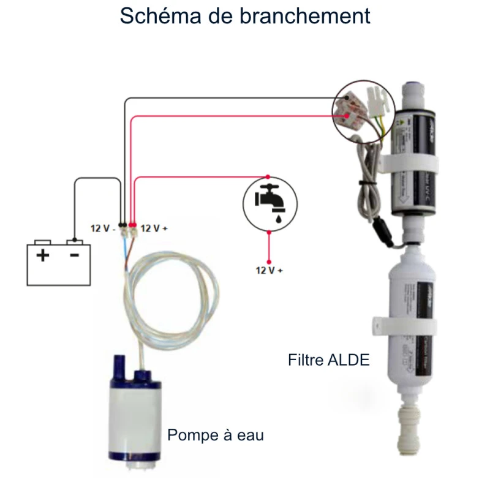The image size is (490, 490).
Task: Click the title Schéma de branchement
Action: pyautogui.click(x=245, y=16)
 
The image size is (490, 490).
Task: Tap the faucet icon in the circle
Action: pyautogui.click(x=269, y=202)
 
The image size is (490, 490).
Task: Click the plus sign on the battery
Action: pyautogui.click(x=42, y=255)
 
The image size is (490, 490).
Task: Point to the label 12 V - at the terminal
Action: pyautogui.click(x=103, y=228)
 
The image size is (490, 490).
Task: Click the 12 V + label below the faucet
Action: pyautogui.click(x=269, y=269)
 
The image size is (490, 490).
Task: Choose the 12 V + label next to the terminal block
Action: pyautogui.click(x=154, y=228)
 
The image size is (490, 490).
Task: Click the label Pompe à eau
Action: pyautogui.click(x=216, y=435)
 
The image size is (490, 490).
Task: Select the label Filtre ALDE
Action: pyautogui.click(x=329, y=360)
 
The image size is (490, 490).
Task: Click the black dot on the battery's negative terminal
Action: pyautogui.click(x=74, y=239)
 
